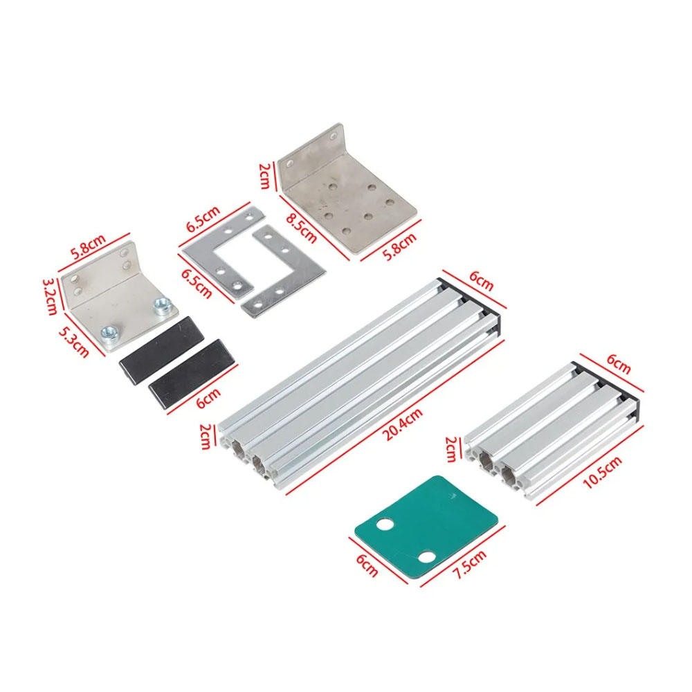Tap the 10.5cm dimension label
(x=603, y=472)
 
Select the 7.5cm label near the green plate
(x=470, y=564)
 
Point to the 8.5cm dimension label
(x=302, y=228)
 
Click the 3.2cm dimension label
(x=50, y=296)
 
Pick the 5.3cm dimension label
(x=74, y=342)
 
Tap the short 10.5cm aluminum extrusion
(x=552, y=432)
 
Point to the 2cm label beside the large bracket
(x=264, y=176)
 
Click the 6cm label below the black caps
(x=208, y=398)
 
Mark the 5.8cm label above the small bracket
(x=89, y=247)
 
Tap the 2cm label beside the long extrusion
(x=206, y=437)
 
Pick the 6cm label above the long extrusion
(x=481, y=281)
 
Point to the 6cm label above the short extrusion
(x=618, y=364)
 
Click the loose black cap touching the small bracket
(x=162, y=350)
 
